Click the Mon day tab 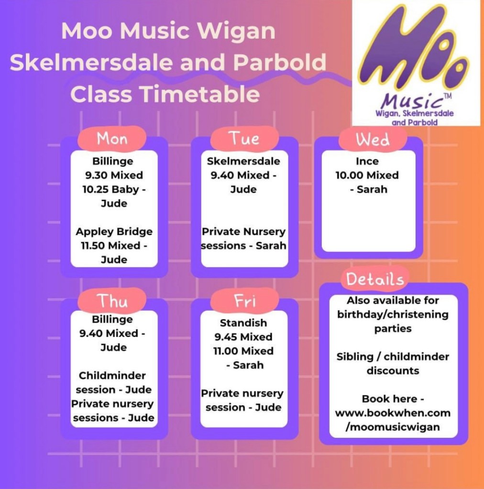click(x=112, y=139)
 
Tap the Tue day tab click(x=244, y=139)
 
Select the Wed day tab click(x=373, y=139)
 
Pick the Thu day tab click(x=112, y=301)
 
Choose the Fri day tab click(x=244, y=301)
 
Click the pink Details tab click(x=375, y=279)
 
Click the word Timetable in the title click(x=200, y=94)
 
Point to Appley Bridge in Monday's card click(x=114, y=231)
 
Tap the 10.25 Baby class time click(x=111, y=189)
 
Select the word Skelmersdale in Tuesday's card click(x=243, y=161)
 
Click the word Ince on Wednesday click(x=367, y=161)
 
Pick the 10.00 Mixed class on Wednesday click(x=367, y=175)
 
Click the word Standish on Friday click(x=243, y=323)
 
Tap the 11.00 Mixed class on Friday click(x=243, y=351)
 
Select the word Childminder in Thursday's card click(x=112, y=376)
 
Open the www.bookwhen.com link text click(x=393, y=413)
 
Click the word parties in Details click(x=393, y=329)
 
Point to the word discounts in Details click(x=393, y=370)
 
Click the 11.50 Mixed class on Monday click(x=111, y=245)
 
